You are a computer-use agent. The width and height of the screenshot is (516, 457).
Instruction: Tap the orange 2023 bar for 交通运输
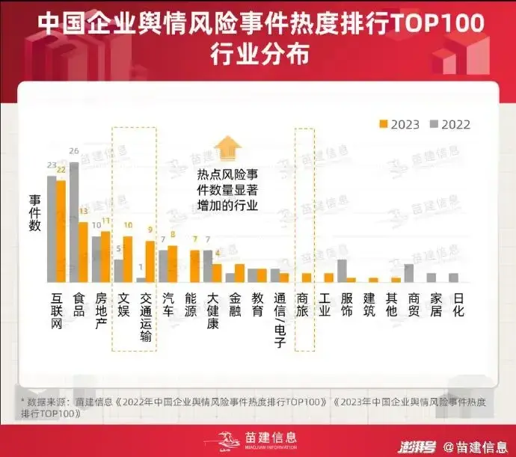pyautogui.click(x=150, y=261)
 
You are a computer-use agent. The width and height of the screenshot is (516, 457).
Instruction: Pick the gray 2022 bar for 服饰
pyautogui.click(x=342, y=271)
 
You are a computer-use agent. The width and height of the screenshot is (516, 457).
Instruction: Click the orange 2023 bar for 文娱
pyautogui.click(x=128, y=259)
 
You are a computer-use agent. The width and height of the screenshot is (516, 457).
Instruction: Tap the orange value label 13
pyautogui.click(x=84, y=212)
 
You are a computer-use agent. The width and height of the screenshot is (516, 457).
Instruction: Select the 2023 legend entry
pyautogui.click(x=400, y=124)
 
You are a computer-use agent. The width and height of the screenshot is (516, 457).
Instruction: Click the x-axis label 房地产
pyautogui.click(x=101, y=310)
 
